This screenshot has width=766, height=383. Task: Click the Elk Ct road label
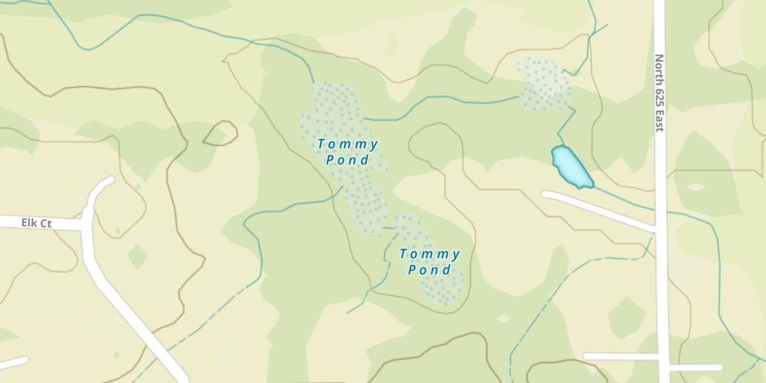[x=36, y=223]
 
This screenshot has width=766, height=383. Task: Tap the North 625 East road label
[x=659, y=93]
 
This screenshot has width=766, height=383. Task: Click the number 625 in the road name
[x=659, y=94]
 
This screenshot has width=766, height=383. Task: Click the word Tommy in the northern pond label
[x=348, y=145]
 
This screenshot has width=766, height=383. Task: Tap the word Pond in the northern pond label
[x=348, y=160]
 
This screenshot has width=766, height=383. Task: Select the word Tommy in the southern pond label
[x=429, y=254]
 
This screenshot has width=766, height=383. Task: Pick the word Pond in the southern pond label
[x=429, y=270]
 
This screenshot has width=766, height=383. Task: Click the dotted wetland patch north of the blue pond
[x=544, y=84]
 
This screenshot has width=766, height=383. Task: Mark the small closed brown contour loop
[x=221, y=133]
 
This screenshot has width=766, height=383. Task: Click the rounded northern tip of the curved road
[x=109, y=180]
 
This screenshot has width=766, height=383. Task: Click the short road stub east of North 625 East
[x=697, y=368]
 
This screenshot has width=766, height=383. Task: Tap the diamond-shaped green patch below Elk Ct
[x=137, y=256]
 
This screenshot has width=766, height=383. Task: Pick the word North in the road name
[x=659, y=68]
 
